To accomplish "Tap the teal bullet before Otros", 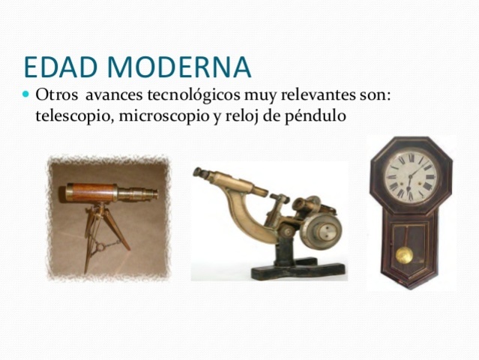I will coord(27,96).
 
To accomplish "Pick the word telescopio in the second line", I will coord(69,116).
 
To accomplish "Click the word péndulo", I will coord(315,116).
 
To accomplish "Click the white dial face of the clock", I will coord(409,177).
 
